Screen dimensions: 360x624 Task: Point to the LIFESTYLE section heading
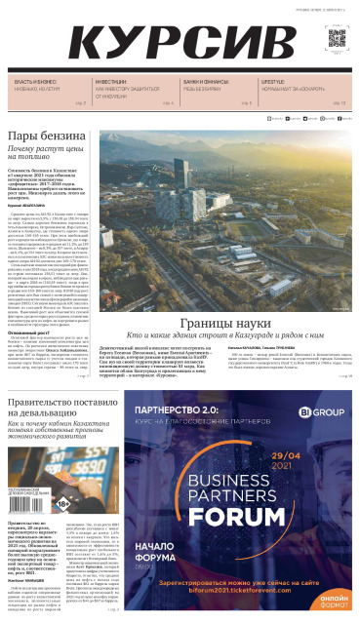[x=274, y=82]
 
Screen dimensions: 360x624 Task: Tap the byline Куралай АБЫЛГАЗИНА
[x=31, y=206]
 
